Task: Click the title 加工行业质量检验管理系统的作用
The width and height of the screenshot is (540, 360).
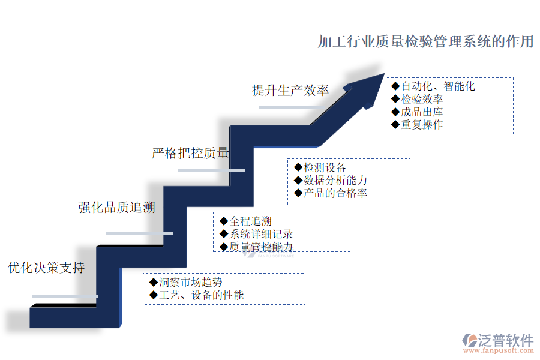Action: pyautogui.click(x=425, y=42)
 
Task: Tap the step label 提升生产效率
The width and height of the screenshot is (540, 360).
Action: pyautogui.click(x=290, y=90)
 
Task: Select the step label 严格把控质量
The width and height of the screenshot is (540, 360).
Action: pyautogui.click(x=190, y=153)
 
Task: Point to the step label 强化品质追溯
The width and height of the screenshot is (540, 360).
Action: pyautogui.click(x=117, y=208)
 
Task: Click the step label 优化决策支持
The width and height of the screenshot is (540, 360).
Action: pyautogui.click(x=46, y=268)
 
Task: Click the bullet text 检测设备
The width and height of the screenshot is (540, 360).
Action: pyautogui.click(x=325, y=167)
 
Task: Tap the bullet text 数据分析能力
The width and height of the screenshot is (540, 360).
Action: pyautogui.click(x=335, y=180)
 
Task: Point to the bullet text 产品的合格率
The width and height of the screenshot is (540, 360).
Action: pyautogui.click(x=335, y=193)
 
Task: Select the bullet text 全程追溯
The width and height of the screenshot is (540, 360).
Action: pyautogui.click(x=250, y=221)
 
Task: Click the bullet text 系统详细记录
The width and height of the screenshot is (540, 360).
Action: pyautogui.click(x=261, y=234)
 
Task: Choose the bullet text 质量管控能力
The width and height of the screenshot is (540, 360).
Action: pyautogui.click(x=261, y=247)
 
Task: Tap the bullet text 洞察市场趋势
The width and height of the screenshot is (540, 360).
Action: pyautogui.click(x=190, y=282)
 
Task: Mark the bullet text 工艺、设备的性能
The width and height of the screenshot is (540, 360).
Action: pyautogui.click(x=201, y=295)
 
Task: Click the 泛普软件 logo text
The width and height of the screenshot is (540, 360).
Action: pyautogui.click(x=505, y=340)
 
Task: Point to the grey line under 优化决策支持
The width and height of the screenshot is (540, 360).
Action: pyautogui.click(x=65, y=296)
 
